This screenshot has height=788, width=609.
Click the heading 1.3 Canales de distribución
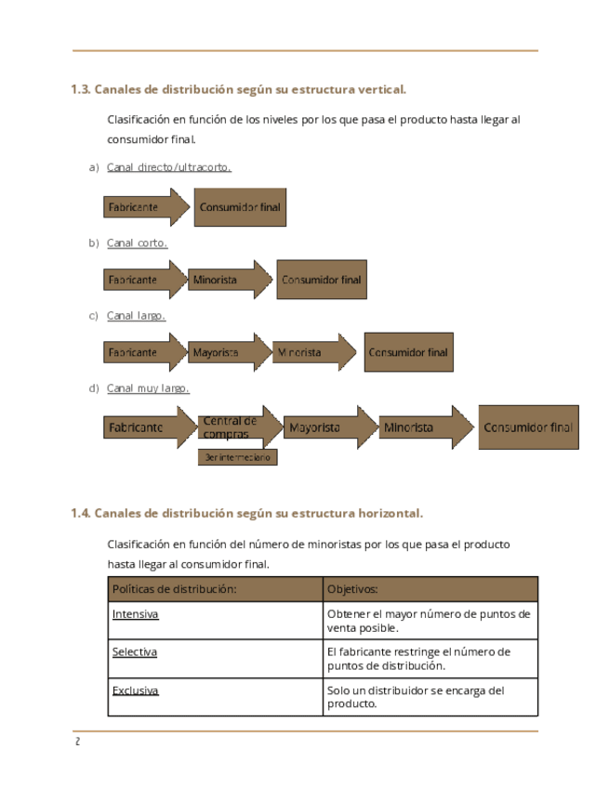[238, 90]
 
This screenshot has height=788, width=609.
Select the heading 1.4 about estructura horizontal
[246, 513]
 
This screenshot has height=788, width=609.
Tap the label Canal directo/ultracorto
[168, 167]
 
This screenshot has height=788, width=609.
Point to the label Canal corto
[137, 243]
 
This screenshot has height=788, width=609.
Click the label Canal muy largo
[148, 388]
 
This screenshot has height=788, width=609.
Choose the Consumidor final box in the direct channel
[240, 207]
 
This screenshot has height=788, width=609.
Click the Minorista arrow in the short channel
[227, 280]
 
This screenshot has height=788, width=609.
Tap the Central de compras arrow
[239, 427]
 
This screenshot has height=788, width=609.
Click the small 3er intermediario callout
[237, 457]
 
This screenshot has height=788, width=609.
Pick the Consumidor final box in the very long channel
[528, 427]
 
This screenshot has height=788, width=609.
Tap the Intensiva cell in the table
[135, 615]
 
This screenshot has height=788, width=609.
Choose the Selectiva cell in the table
[135, 652]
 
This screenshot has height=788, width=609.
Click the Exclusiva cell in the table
[135, 690]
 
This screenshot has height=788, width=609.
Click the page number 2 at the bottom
[77, 742]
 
